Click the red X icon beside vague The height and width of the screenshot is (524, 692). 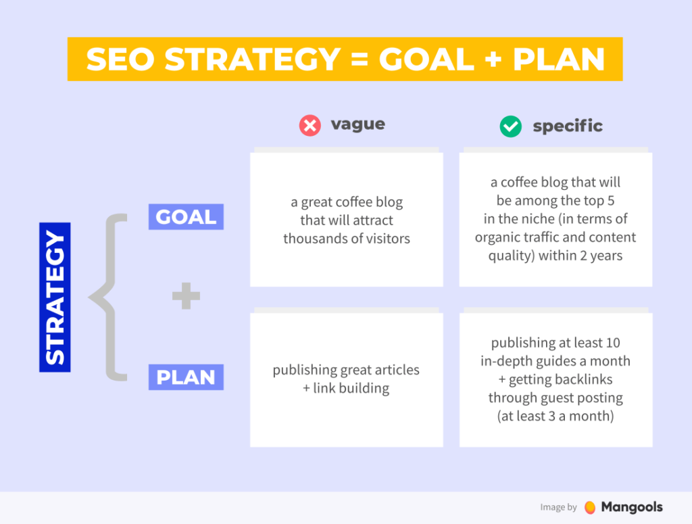(310, 126)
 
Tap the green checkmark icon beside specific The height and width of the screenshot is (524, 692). (510, 126)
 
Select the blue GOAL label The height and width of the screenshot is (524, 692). (186, 217)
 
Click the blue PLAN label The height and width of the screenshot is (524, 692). (186, 377)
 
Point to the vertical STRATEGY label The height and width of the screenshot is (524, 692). (55, 297)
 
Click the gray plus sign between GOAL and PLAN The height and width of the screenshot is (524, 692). (186, 297)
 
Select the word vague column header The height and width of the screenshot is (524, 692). (357, 124)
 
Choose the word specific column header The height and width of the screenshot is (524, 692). (567, 126)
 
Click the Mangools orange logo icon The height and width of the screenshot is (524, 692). (590, 507)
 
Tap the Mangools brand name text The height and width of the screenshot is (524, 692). (632, 507)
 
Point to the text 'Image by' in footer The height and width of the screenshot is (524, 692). (558, 507)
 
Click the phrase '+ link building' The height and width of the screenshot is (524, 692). (346, 388)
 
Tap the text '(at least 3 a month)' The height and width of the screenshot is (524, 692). (555, 416)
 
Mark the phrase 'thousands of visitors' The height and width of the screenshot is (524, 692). (346, 238)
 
